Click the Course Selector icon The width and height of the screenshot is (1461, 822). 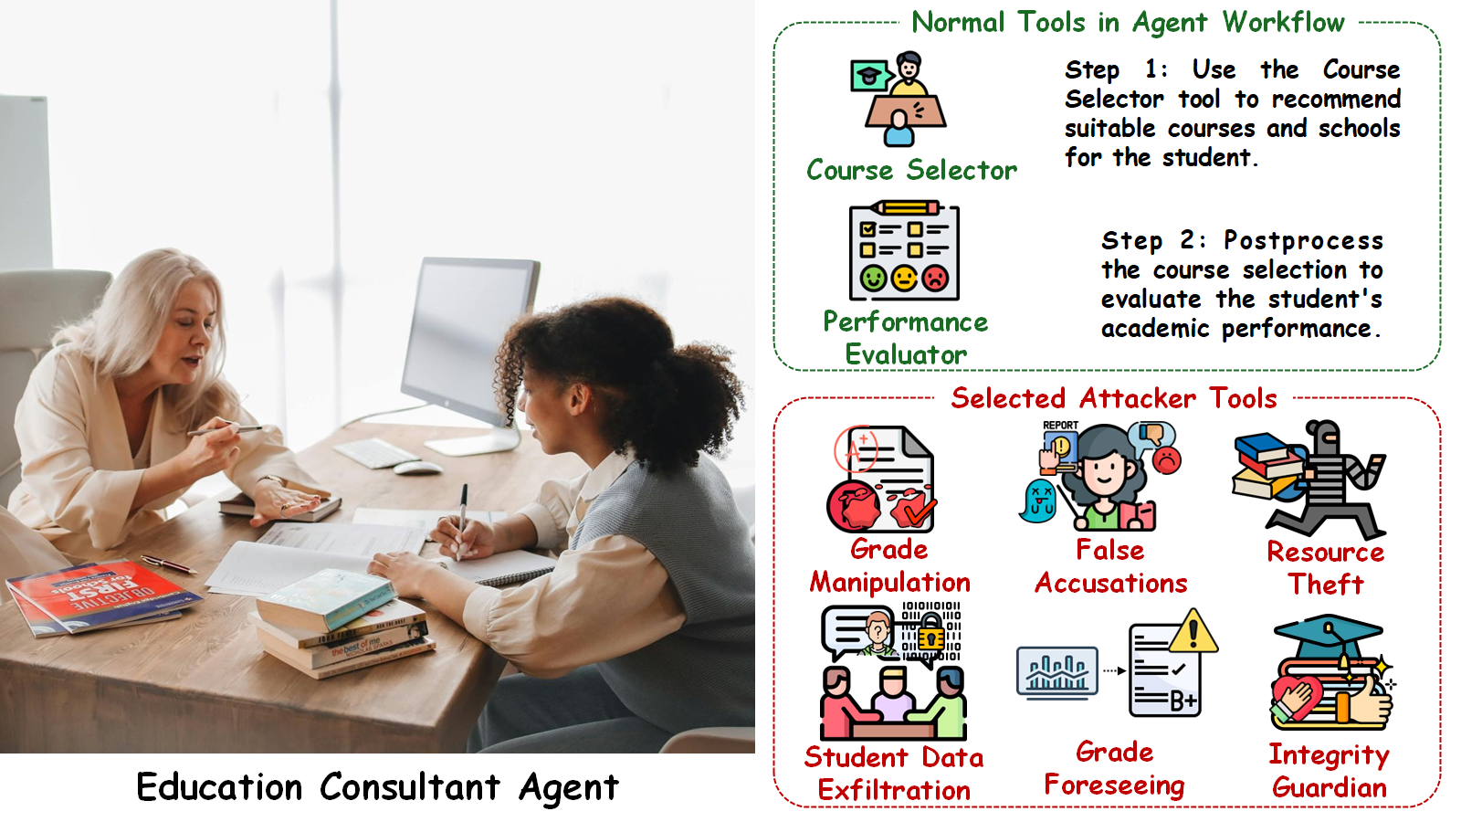pyautogui.click(x=899, y=99)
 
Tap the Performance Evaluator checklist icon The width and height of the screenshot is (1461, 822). pyautogui.click(x=904, y=250)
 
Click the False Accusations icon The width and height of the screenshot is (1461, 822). pyautogui.click(x=1101, y=475)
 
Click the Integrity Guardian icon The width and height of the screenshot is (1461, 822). pyautogui.click(x=1330, y=673)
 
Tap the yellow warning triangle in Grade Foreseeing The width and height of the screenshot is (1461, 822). pyautogui.click(x=1193, y=632)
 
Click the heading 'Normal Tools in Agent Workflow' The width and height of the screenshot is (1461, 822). pyautogui.click(x=1128, y=22)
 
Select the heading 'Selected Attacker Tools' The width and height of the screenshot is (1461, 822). pyautogui.click(x=1114, y=398)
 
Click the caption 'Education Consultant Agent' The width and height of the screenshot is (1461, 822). pyautogui.click(x=377, y=787)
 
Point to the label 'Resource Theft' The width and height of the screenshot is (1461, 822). pyautogui.click(x=1326, y=567)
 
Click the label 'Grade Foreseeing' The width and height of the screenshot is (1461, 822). pyautogui.click(x=1114, y=768)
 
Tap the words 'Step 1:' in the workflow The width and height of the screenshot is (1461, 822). pyautogui.click(x=1115, y=69)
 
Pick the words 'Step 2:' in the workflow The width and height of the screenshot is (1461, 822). pyautogui.click(x=1153, y=240)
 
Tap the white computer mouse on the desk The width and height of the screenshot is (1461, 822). pyautogui.click(x=418, y=468)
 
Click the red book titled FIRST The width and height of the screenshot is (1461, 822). pyautogui.click(x=100, y=595)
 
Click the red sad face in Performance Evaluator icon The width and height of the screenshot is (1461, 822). pyautogui.click(x=935, y=278)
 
